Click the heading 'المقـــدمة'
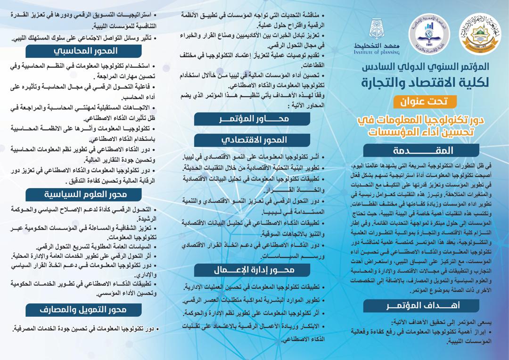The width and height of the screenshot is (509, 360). click(x=421, y=151)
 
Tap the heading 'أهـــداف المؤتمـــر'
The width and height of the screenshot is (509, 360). click(x=421, y=306)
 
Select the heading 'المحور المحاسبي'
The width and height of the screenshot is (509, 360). click(x=83, y=51)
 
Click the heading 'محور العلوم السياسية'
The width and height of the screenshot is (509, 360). click(x=83, y=194)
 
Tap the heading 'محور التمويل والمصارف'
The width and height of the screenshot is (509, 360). click(x=83, y=309)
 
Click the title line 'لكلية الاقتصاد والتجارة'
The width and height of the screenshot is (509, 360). click(x=422, y=82)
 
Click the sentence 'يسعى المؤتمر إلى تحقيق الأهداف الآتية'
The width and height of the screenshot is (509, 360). click(x=438, y=322)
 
